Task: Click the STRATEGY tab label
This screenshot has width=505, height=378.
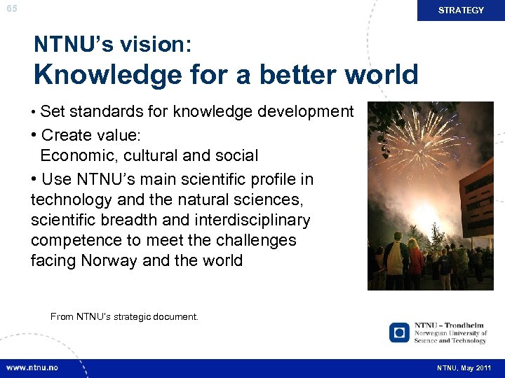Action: (x=461, y=10)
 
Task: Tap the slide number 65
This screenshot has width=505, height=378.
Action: (x=12, y=8)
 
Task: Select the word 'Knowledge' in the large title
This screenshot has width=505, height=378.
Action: (x=104, y=74)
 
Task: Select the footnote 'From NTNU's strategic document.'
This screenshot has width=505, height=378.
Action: (x=124, y=317)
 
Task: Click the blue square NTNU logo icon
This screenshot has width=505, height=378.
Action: (x=399, y=332)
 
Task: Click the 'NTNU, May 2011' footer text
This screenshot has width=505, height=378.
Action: (x=464, y=368)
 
